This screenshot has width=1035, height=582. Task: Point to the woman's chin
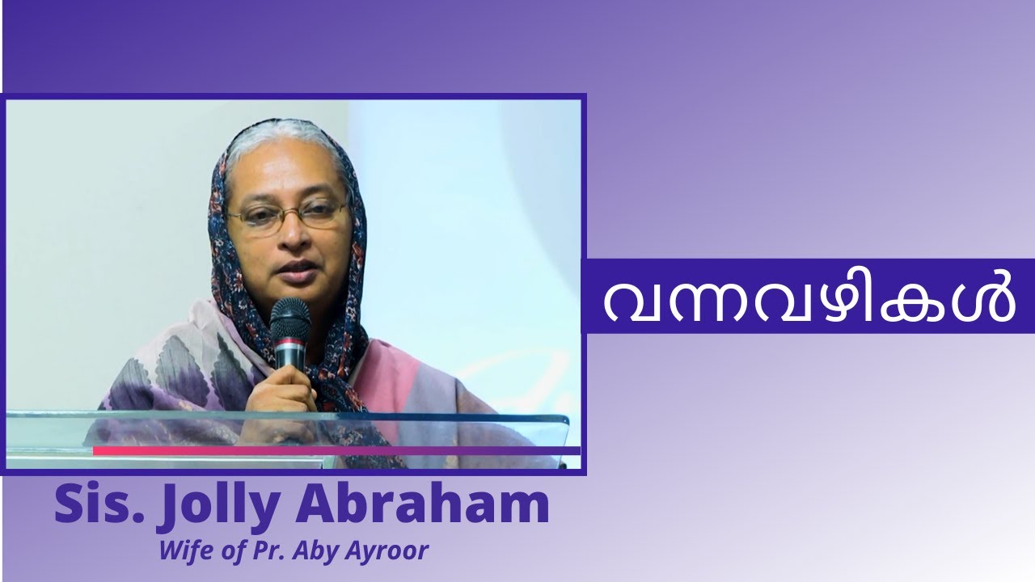point(298,291)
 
